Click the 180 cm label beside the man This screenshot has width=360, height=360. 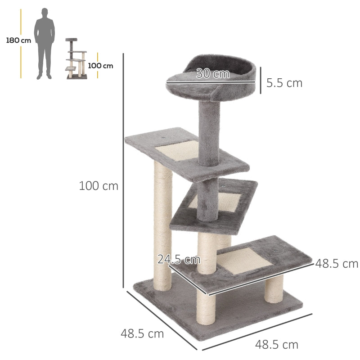click(x=18, y=40)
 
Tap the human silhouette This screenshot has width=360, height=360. click(x=46, y=43)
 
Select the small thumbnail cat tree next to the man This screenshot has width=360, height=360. click(x=76, y=59)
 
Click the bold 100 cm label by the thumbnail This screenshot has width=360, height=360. click(x=101, y=66)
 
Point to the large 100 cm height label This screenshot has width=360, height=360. click(x=99, y=185)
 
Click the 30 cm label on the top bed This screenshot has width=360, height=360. click(x=213, y=74)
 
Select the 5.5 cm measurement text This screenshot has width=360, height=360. click(x=284, y=83)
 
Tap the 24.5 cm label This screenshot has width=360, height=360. click(x=179, y=259)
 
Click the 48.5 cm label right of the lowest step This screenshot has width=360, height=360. click(x=337, y=263)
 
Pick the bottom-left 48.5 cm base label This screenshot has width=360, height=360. click(x=142, y=334)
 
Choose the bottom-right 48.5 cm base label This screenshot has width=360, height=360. click(x=277, y=345)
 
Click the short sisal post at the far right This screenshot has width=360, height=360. click(x=274, y=288)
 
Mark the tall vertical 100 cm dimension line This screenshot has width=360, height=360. click(x=123, y=171)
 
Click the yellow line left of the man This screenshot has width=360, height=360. click(x=21, y=43)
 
